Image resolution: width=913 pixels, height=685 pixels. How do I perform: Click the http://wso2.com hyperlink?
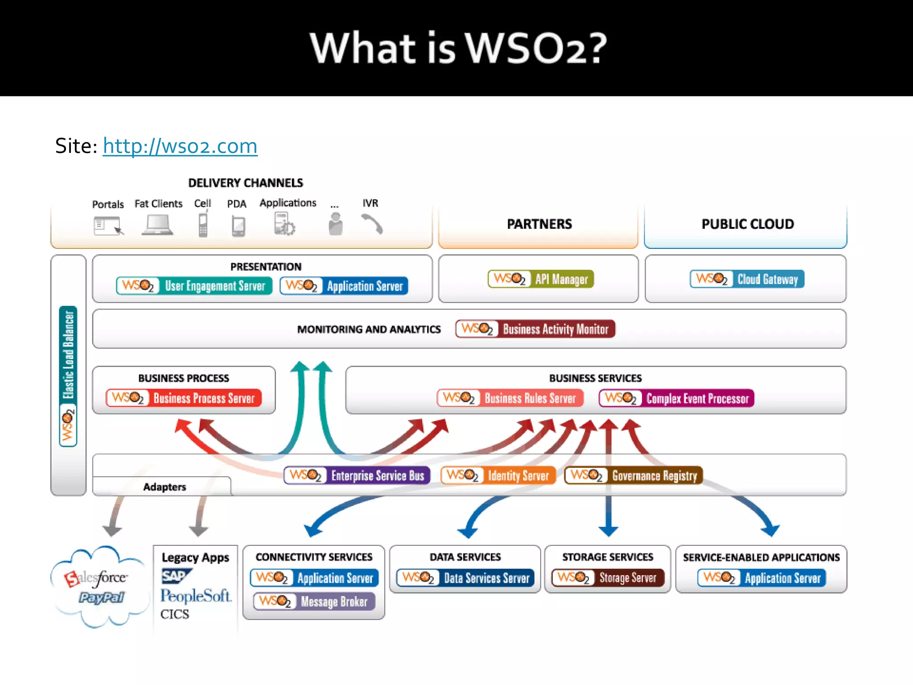pos(180,146)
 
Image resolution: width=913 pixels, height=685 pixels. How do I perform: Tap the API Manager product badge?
pos(540,279)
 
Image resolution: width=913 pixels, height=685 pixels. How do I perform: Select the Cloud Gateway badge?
pos(747,279)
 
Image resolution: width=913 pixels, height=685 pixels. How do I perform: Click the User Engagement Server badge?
pos(194,286)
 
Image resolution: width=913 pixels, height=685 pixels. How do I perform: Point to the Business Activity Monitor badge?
pos(535,329)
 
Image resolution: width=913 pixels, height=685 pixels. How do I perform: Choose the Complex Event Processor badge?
pos(676,398)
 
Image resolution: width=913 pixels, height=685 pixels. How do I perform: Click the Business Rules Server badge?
pos(510,398)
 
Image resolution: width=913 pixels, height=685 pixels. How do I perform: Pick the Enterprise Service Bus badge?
pos(357,475)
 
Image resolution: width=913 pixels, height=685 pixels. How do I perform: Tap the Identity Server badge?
pos(498,475)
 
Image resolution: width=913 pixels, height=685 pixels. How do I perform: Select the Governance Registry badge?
pos(633,475)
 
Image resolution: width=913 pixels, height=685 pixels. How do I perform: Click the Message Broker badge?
pos(314,602)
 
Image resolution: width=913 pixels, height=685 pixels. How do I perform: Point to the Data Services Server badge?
pos(465,578)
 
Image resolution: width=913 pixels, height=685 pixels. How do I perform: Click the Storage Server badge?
pos(608,578)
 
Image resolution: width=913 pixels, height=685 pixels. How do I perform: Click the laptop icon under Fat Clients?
pos(157,225)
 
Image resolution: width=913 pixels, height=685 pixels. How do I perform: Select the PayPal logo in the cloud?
pos(102,598)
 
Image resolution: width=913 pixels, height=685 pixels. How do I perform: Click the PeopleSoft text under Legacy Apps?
pos(196,596)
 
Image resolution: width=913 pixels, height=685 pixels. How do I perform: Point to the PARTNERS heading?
pos(539,224)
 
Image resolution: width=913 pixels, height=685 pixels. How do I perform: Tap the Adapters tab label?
pos(165,487)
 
